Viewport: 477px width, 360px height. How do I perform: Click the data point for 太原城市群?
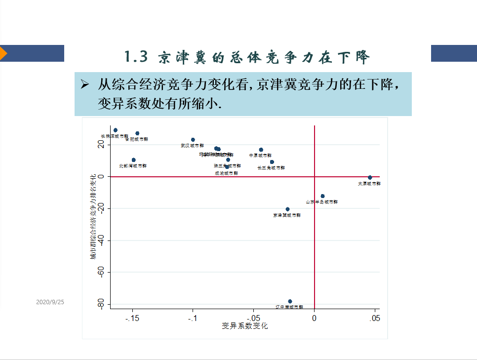(370, 177)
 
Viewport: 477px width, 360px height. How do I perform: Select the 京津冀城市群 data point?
(287, 209)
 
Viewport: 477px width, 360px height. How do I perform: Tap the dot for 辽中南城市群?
(290, 301)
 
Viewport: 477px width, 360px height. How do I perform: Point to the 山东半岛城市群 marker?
(322, 196)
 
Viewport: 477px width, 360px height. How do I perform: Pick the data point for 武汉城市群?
(193, 140)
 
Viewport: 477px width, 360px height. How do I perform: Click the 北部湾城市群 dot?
(133, 160)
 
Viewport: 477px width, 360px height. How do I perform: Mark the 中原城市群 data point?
(261, 150)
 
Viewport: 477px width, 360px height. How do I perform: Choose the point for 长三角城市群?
(272, 162)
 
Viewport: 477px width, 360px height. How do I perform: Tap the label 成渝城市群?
(226, 173)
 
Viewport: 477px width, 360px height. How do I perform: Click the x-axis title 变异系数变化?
(245, 326)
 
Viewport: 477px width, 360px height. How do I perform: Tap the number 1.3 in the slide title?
(136, 57)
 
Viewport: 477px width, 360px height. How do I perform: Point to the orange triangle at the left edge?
(3, 53)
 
